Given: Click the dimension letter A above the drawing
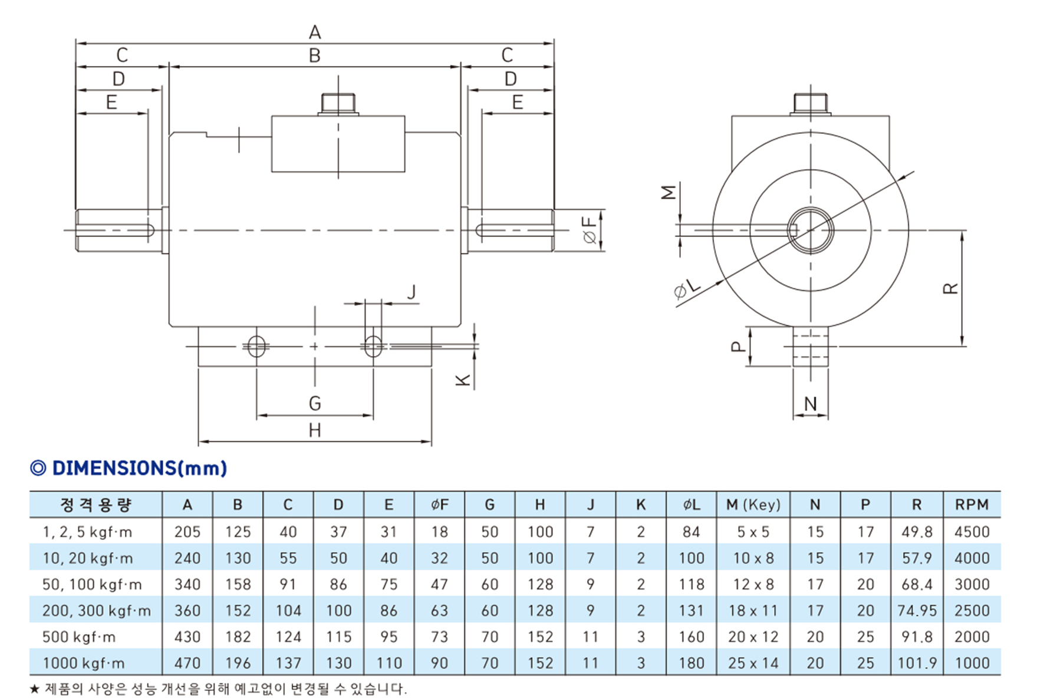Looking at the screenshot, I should point(315,32).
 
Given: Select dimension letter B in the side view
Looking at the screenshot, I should point(315,56).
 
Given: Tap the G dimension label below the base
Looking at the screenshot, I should point(315,404).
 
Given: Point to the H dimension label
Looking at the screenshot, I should point(315,431).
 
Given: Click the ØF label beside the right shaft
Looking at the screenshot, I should point(590,231).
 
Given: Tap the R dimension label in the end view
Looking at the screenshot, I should point(950,288).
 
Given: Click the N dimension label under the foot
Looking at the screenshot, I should point(811,404).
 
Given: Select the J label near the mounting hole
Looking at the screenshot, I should point(412,292).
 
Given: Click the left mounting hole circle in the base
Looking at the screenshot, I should point(256,347).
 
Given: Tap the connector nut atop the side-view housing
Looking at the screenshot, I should point(338,104).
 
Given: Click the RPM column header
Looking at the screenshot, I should point(972,505).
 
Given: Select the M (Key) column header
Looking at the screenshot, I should point(753,505).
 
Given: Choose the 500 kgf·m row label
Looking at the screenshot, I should point(79,637).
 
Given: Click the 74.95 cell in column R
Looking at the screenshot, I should point(917,611).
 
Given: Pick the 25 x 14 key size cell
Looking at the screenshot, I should point(753,663).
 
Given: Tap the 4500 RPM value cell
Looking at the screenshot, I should point(972,532).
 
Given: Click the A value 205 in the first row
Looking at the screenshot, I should point(187,532).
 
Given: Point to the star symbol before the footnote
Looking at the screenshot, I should point(35,689).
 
